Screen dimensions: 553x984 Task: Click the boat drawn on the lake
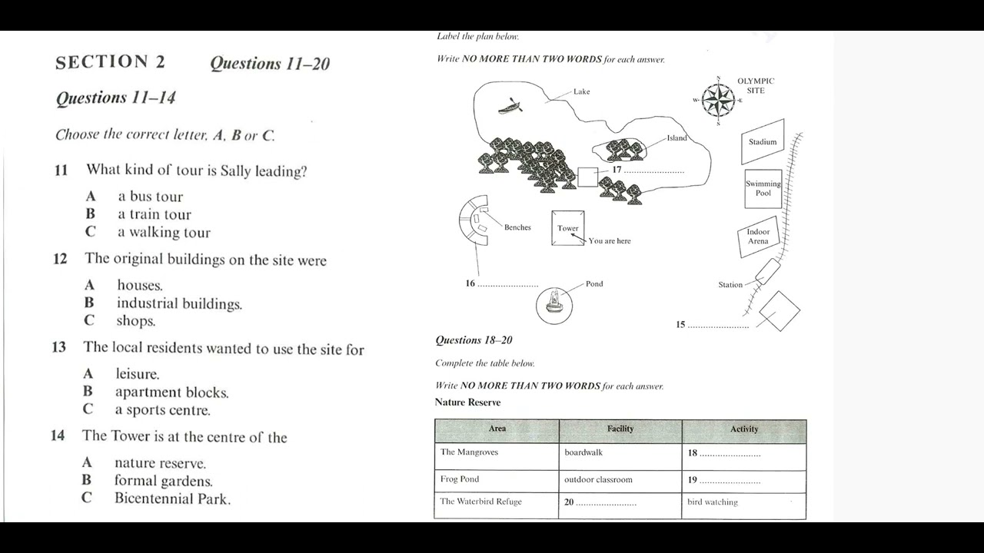pos(510,107)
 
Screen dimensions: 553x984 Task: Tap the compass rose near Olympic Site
pos(718,100)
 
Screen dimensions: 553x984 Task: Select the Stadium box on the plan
pos(763,141)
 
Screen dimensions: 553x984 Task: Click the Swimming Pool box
pos(763,188)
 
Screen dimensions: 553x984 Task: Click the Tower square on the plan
pos(567,228)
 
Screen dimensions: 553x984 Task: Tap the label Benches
pos(517,227)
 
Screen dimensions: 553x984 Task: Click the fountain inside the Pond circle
pos(553,303)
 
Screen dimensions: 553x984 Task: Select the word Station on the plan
pos(730,285)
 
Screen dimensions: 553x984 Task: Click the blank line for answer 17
pos(653,172)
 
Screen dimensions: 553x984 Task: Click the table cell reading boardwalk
pos(583,452)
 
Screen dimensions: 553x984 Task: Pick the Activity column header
pos(743,429)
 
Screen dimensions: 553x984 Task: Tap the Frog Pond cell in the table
pos(460,479)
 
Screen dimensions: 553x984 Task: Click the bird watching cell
pos(712,502)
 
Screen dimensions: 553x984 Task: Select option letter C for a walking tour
pos(91,232)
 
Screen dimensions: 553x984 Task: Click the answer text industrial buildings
pos(179,304)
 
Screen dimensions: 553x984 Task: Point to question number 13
pos(59,348)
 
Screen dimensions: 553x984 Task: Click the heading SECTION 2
pos(110,62)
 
